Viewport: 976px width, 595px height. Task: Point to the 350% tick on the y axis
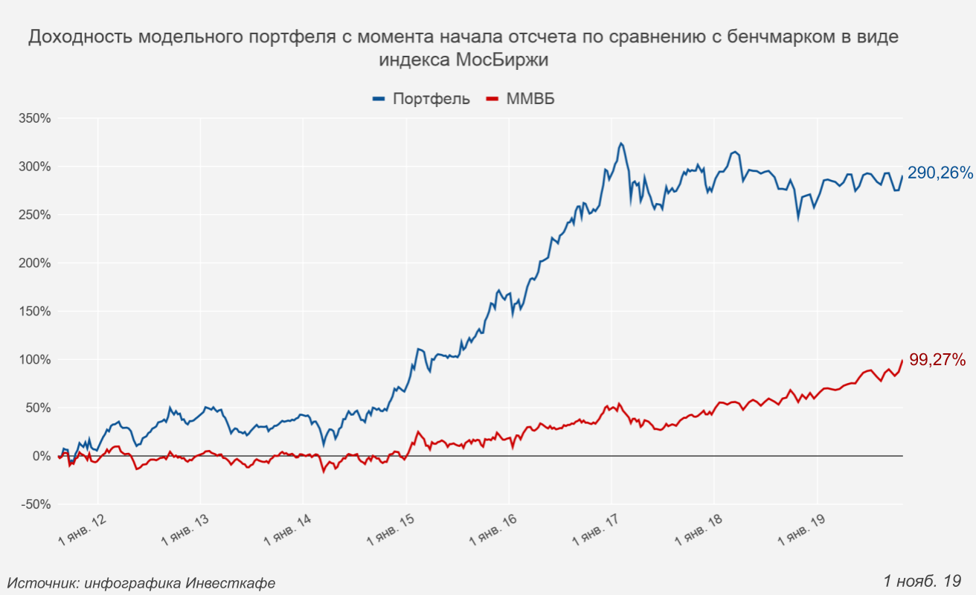tap(35, 118)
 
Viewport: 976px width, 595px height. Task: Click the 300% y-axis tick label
tap(35, 167)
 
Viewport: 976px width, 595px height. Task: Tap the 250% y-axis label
tap(35, 215)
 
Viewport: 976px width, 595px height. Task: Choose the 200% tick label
tap(35, 263)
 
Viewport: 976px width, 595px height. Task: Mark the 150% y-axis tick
tap(35, 312)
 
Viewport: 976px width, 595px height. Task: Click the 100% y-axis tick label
tap(35, 360)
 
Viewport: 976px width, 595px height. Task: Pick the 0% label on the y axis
tap(41, 456)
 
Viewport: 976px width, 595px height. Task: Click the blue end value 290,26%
tap(940, 173)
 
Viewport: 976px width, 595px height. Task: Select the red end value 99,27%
tap(937, 360)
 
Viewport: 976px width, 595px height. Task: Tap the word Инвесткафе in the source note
tap(231, 583)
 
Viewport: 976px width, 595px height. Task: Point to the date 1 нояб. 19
tap(922, 580)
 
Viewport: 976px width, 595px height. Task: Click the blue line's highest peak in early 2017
tap(621, 144)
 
